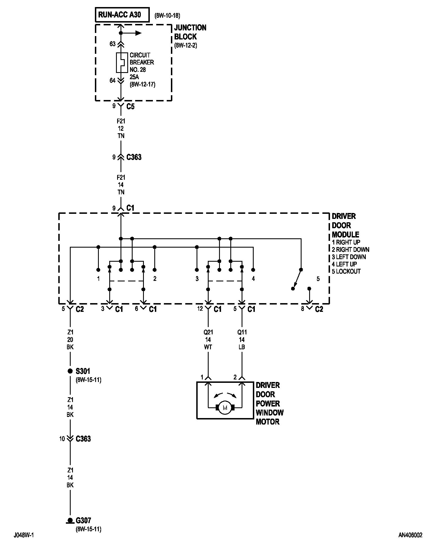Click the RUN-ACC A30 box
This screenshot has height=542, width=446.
pos(122,15)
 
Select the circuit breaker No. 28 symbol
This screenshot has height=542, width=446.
pos(121,63)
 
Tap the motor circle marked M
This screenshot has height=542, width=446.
pos(225,408)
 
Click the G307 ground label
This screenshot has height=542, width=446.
pos(83,520)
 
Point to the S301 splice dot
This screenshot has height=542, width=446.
pos(70,371)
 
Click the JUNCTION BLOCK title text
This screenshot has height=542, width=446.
pos(190,32)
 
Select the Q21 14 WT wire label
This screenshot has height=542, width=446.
pos(208,340)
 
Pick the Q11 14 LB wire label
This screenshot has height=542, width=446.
pos(242,340)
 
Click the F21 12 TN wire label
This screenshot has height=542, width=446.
pos(121,128)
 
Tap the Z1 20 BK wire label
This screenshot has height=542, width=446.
pos(70,340)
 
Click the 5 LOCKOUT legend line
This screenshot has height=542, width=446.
pos(346,272)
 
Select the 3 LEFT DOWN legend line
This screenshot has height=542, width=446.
pos(349,257)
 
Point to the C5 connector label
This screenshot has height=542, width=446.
pos(131,106)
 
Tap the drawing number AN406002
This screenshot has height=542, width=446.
pos(410,535)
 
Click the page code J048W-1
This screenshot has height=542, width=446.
pos(24,535)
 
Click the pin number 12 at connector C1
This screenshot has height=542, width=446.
pos(200,309)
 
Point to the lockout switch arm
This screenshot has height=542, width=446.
pos(297,279)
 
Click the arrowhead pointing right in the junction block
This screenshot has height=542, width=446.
pos(138,33)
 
